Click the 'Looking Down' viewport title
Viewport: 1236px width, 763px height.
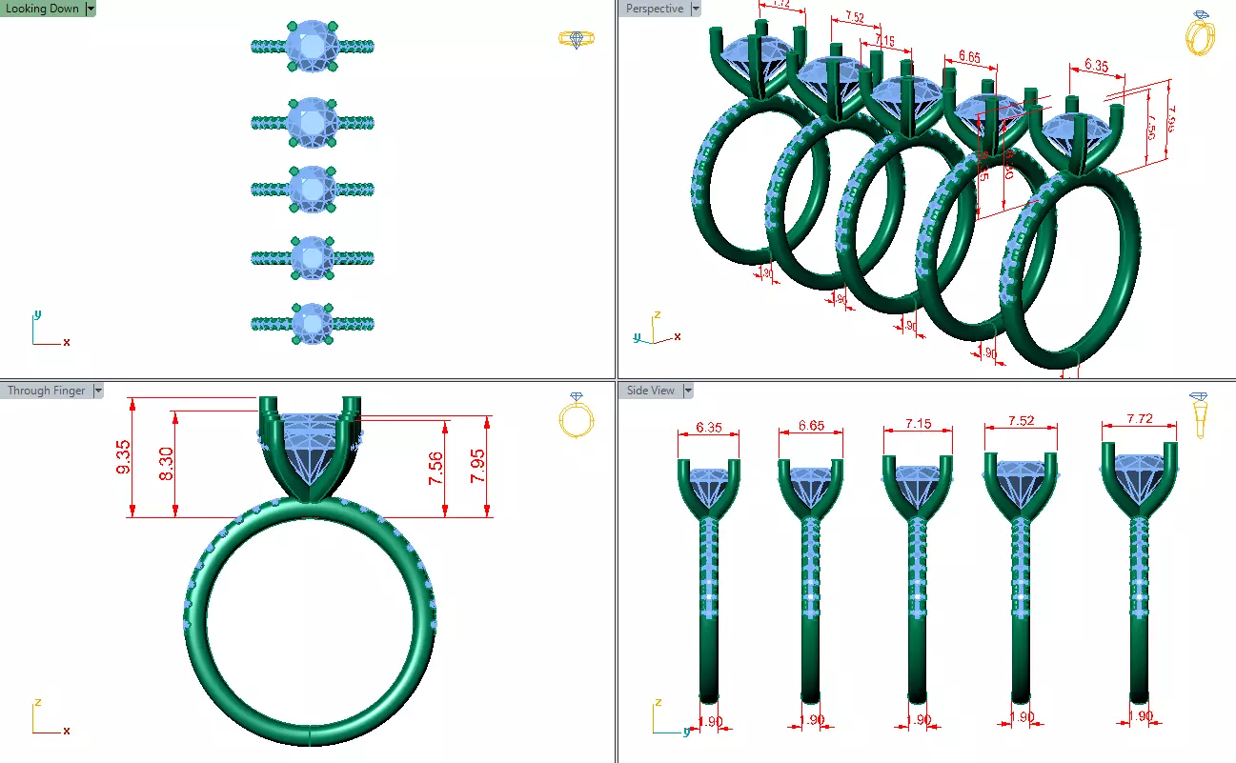43,9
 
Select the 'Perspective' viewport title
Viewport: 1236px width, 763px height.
655,9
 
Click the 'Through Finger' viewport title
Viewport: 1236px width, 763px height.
46,391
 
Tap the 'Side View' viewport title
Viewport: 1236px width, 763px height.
650,391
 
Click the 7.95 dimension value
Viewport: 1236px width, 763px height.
479,468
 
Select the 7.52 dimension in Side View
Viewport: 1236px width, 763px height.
1020,421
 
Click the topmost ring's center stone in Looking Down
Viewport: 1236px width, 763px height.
313,46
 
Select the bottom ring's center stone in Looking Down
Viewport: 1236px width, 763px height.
313,325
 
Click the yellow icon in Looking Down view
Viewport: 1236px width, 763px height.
572,39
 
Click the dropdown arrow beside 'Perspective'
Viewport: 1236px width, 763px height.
696,9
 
